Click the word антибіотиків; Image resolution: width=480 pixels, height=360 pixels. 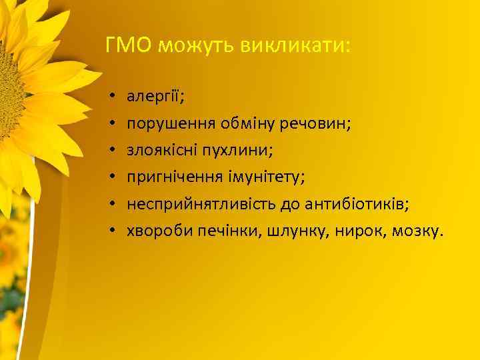[353, 204]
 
